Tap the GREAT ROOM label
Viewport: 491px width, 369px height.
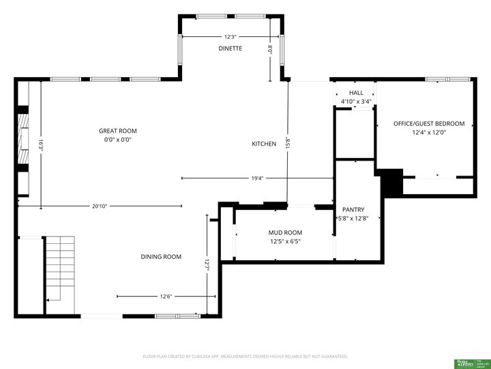tap(118, 131)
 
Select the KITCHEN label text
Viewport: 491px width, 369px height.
tap(264, 144)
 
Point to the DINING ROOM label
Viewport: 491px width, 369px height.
tap(161, 257)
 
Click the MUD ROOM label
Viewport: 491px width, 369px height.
tap(285, 232)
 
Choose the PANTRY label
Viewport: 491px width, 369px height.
tap(353, 210)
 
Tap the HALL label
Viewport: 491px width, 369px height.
tap(356, 93)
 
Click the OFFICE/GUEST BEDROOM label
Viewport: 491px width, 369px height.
tap(429, 124)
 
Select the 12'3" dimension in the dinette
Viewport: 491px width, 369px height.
tap(230, 37)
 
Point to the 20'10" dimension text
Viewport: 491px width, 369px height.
tap(100, 206)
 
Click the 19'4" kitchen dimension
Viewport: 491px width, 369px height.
tap(257, 178)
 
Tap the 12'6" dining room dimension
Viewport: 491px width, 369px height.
tap(166, 297)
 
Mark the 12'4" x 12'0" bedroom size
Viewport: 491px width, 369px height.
tap(429, 133)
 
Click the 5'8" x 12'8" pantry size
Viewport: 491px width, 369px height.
tap(353, 219)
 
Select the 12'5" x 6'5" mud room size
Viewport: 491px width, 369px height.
tap(285, 241)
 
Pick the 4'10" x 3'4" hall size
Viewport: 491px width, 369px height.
tap(356, 102)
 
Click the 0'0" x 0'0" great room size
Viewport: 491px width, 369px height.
tap(118, 139)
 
